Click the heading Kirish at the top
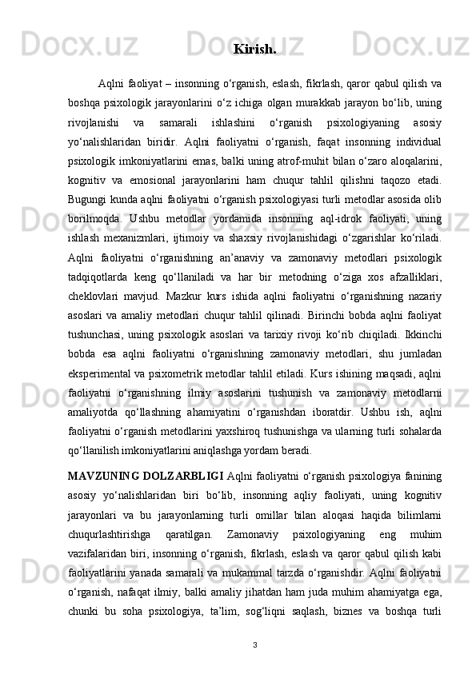pyautogui.click(x=254, y=50)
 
